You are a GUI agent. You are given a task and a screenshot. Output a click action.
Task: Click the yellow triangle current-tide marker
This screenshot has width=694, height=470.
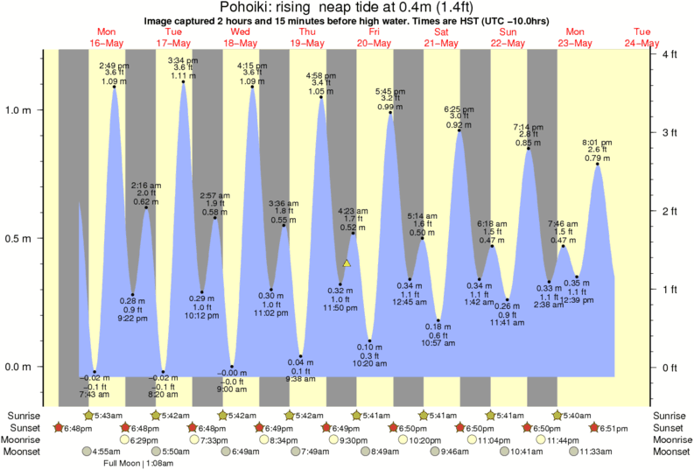click(x=347, y=263)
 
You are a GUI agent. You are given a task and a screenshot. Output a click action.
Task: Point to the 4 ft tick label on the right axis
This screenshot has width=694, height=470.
click(x=671, y=54)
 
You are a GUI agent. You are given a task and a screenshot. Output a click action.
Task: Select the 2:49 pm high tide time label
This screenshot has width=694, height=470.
click(x=114, y=66)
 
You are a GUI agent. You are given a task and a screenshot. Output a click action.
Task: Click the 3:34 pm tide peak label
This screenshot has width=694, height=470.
click(x=183, y=60)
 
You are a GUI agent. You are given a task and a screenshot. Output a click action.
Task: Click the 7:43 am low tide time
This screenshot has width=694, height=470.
click(x=94, y=395)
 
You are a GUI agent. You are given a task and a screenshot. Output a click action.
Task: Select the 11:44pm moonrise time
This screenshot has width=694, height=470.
click(x=562, y=439)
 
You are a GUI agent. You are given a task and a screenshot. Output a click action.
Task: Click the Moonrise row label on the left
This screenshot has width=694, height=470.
click(x=26, y=439)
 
